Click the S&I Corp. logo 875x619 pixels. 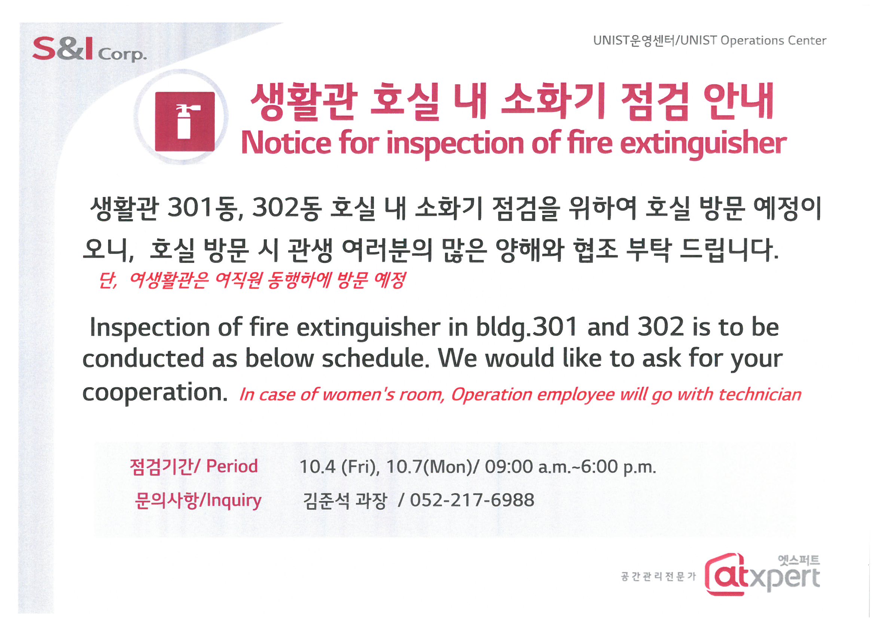click(x=89, y=49)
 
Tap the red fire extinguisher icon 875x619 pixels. click(x=185, y=121)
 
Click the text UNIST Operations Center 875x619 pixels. click(x=753, y=40)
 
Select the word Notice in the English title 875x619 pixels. click(x=286, y=143)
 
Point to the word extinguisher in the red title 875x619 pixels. click(x=703, y=143)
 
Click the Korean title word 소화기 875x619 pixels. click(x=553, y=101)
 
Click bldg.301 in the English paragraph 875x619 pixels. click(x=526, y=327)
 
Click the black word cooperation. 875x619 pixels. click(x=155, y=393)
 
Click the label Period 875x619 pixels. click(x=232, y=466)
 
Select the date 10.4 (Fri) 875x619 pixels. click(x=339, y=467)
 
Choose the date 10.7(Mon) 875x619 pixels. click(x=429, y=467)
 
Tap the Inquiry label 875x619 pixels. click(x=234, y=500)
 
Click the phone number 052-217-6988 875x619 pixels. click(x=472, y=500)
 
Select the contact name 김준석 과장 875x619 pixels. click(x=345, y=501)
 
